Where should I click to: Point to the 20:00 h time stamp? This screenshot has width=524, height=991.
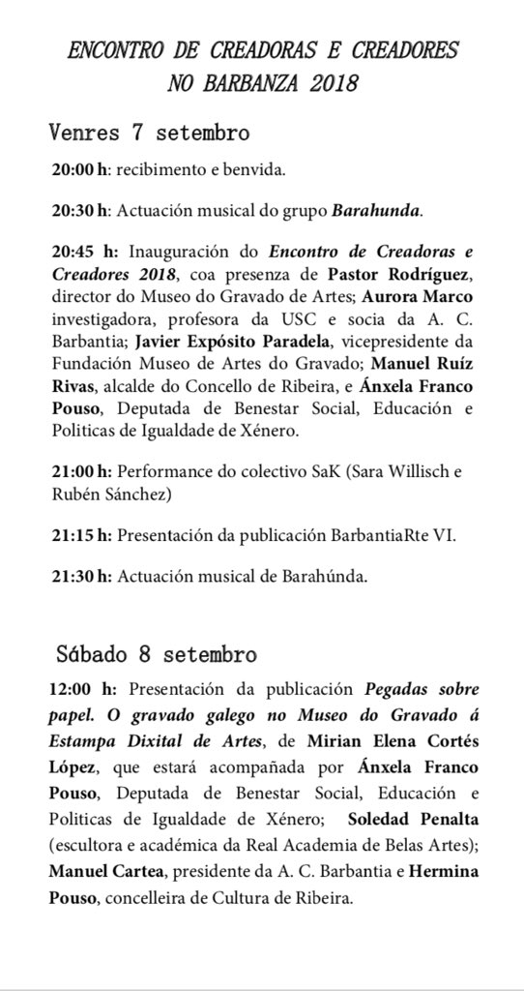pyautogui.click(x=79, y=169)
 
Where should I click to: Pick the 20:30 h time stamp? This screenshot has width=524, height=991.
pyautogui.click(x=79, y=208)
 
